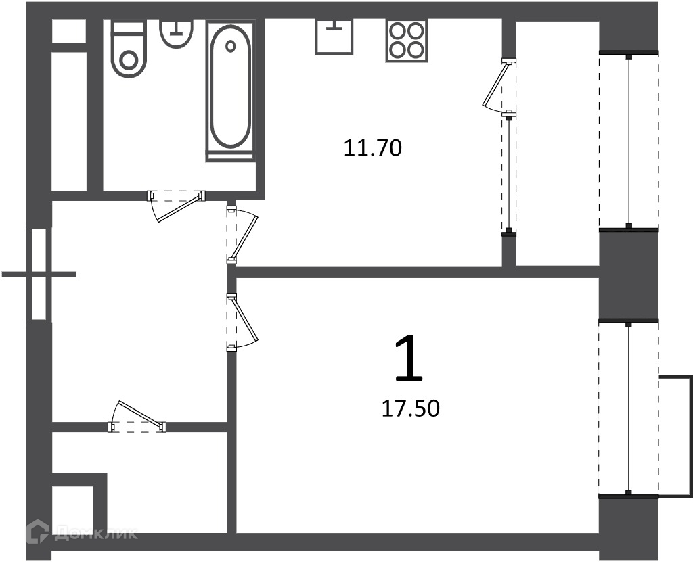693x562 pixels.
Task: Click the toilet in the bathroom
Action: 128,49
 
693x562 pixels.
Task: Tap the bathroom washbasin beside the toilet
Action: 177,33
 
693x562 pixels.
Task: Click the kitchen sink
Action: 334,37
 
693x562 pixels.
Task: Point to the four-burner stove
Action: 407,40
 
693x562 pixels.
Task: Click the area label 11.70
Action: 373,148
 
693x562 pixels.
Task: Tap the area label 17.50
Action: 410,408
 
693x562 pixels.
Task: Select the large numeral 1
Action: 409,358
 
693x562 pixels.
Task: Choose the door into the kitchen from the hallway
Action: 242,235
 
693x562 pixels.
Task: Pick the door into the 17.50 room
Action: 242,322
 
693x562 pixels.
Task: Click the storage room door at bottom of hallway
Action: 137,417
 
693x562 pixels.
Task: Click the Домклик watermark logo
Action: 82,532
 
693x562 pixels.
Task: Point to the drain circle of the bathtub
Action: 230,46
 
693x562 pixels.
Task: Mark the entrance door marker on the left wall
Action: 39,274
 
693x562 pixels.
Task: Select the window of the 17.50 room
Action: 629,408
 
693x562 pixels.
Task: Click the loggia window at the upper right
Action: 629,141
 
